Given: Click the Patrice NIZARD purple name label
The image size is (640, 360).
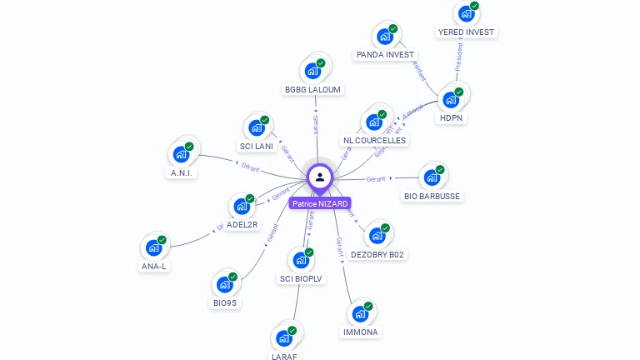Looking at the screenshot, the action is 320,203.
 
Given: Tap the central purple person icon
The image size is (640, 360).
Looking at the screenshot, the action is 320,177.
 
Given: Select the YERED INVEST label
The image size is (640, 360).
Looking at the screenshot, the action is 466,32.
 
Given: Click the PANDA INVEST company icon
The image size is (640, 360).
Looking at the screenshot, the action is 385,36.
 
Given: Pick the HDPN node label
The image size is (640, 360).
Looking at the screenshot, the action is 451,118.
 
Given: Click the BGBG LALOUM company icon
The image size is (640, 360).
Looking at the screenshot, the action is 313,70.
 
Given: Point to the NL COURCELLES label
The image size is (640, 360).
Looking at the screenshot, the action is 374,141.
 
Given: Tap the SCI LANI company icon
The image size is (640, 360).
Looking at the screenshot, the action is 257,127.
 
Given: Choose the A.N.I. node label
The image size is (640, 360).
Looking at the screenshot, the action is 182,173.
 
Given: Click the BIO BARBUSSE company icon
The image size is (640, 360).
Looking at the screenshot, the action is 432,177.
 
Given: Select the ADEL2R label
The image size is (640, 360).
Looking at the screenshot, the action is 242,225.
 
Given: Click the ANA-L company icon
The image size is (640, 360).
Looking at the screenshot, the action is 154,247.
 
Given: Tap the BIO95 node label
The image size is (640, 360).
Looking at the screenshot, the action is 225,303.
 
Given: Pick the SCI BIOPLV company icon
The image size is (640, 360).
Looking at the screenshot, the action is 301,260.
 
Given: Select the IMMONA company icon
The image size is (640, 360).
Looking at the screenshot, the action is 360,313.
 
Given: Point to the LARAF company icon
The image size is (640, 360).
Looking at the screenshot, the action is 284,337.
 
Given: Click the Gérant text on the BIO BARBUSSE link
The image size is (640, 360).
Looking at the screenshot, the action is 376,179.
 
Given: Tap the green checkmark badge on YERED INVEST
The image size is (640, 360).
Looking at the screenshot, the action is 474,6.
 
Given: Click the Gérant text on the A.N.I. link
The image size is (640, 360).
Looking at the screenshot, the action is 251,167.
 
